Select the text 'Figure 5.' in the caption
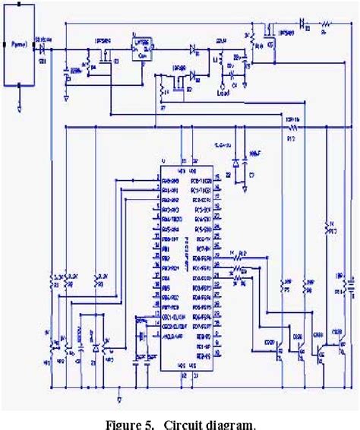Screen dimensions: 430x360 coord(128,423)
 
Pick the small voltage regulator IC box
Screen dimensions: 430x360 coord(141,50)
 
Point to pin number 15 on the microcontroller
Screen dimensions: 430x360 coord(217,176)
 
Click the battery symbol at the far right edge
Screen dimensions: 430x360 coord(346,284)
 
